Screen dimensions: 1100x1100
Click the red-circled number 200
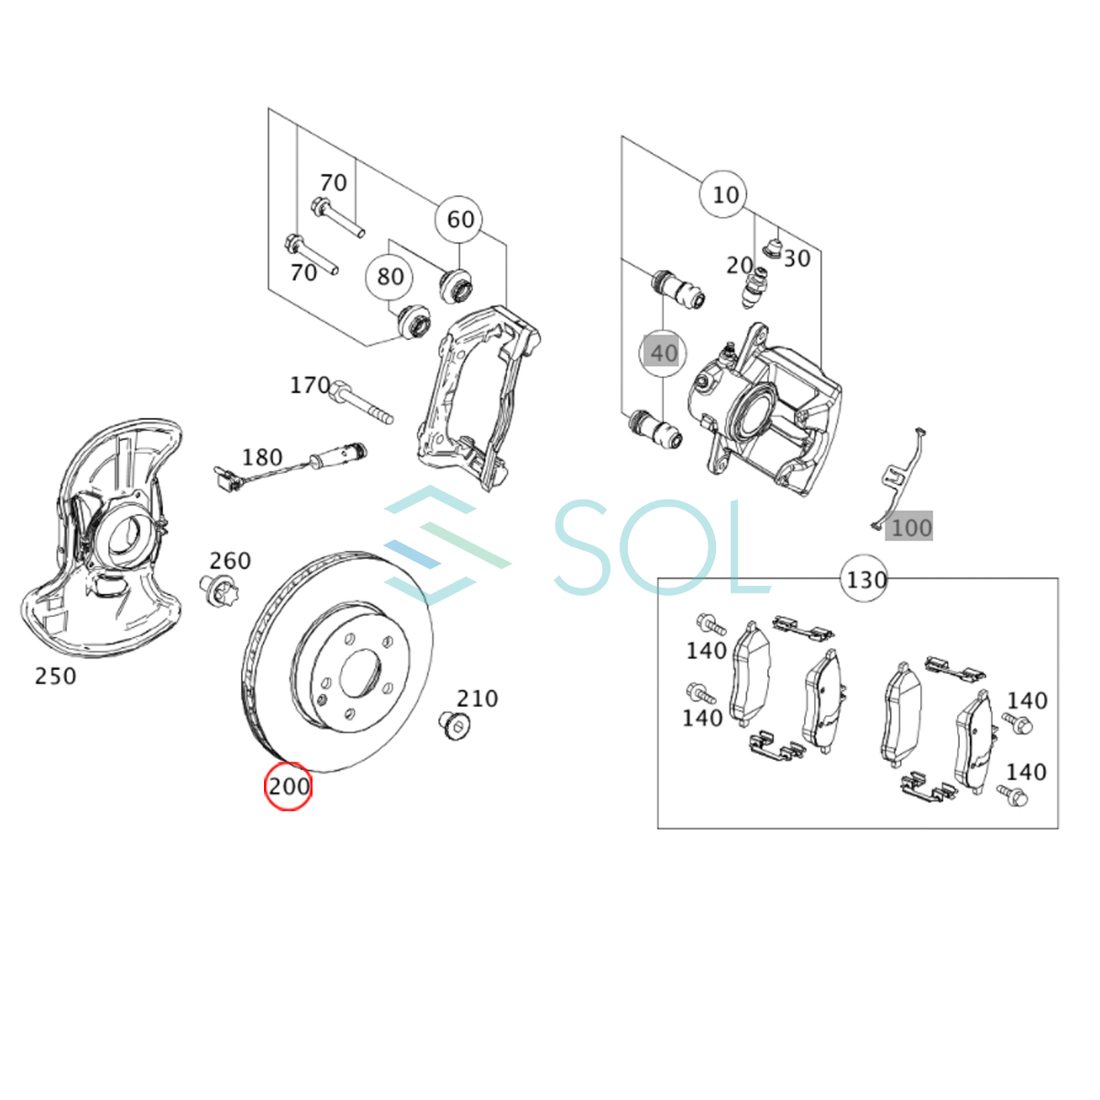click(289, 786)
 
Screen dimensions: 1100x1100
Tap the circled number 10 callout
click(724, 194)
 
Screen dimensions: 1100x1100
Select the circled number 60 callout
click(460, 220)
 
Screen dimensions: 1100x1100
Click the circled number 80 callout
click(390, 276)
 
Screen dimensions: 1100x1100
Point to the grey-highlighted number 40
click(663, 353)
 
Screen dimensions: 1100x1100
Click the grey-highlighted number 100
click(910, 527)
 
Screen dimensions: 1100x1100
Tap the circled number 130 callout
click(865, 579)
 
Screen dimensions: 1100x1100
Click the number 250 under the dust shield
click(55, 676)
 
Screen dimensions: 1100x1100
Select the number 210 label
click(477, 698)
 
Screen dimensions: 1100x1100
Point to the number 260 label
click(229, 560)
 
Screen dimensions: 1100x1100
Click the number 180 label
click(262, 456)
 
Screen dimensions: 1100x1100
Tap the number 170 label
click(310, 385)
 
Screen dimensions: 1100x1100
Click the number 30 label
click(797, 258)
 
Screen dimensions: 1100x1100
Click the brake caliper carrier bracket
click(472, 394)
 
